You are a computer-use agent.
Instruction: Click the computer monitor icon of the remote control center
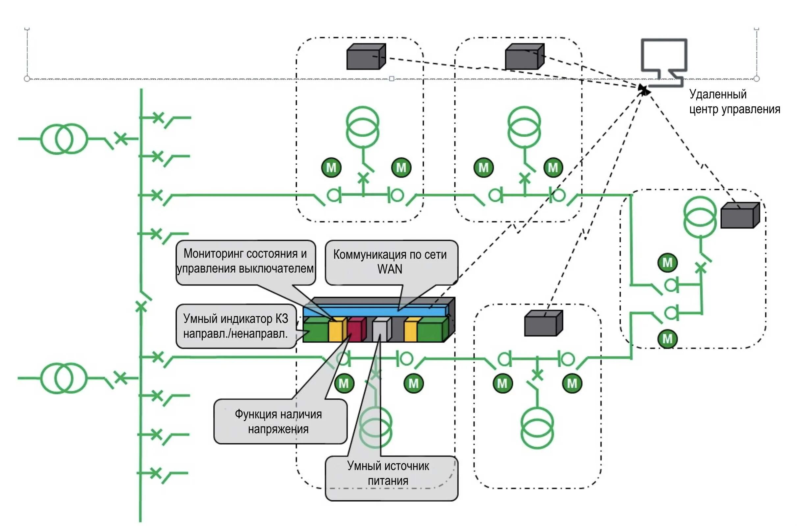tap(664, 60)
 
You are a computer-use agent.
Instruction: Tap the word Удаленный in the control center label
tap(718, 94)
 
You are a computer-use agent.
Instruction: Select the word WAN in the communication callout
tap(389, 269)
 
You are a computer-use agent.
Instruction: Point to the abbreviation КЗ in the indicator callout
tap(282, 319)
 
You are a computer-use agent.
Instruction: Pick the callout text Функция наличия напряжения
tap(278, 421)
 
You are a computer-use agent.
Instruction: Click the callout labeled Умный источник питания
tap(388, 473)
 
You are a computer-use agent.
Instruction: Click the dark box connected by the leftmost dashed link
tap(366, 57)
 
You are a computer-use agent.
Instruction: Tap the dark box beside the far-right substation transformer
tap(740, 216)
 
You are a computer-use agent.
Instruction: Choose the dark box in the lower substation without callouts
tap(543, 323)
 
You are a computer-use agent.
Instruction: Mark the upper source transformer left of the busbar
tap(64, 139)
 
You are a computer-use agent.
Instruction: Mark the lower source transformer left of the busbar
tap(64, 378)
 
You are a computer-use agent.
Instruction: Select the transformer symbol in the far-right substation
tap(700, 217)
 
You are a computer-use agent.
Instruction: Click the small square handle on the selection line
tap(391, 79)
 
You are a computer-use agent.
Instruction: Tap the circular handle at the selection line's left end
tap(27, 79)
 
